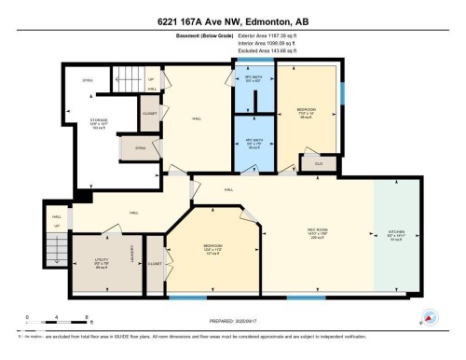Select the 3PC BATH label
[x=254, y=78]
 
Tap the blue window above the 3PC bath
[x=249, y=61]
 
